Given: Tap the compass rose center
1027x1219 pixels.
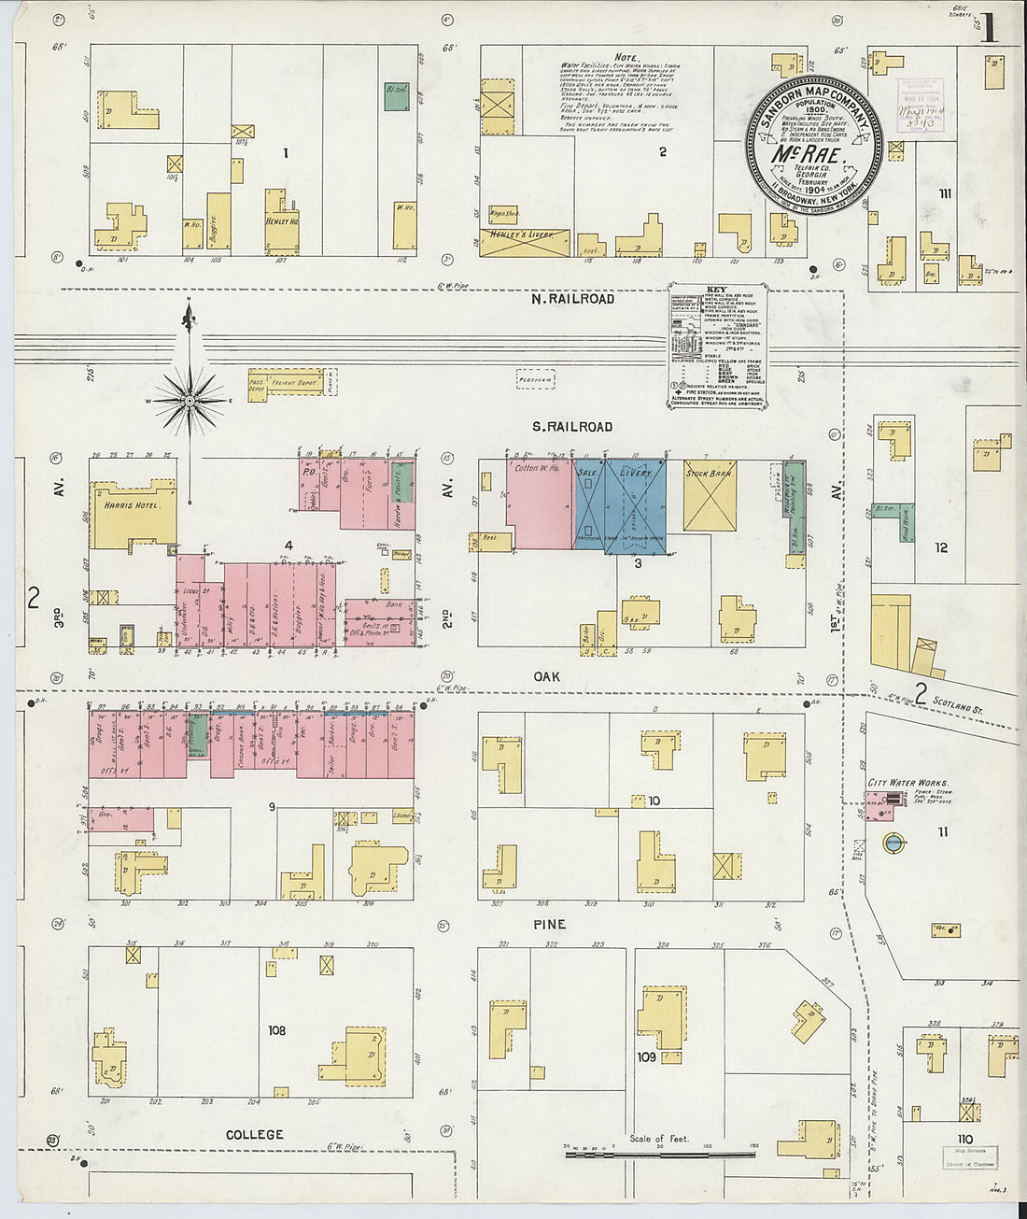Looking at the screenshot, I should pyautogui.click(x=190, y=401).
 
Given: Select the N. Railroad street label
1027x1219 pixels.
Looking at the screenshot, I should pyautogui.click(x=572, y=299).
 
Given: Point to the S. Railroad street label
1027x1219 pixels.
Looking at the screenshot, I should pyautogui.click(x=572, y=427).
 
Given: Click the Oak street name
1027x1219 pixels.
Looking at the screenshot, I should pyautogui.click(x=546, y=675).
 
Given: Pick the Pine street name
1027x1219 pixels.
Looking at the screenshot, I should pyautogui.click(x=549, y=924).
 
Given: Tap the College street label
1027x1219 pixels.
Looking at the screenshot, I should pyautogui.click(x=254, y=1134).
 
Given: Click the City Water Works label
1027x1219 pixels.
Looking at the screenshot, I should pyautogui.click(x=907, y=783).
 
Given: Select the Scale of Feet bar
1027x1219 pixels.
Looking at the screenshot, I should pyautogui.click(x=647, y=1155).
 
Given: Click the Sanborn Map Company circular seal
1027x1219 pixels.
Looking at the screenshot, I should pyautogui.click(x=814, y=146).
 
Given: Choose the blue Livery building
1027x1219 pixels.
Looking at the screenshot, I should pyautogui.click(x=635, y=504).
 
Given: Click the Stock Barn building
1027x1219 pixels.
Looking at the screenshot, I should pyautogui.click(x=710, y=495).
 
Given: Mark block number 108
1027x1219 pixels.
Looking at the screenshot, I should pyautogui.click(x=276, y=1031).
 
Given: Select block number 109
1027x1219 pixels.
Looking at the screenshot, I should pyautogui.click(x=646, y=1057).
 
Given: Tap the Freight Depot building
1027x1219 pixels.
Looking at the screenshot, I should pyautogui.click(x=295, y=383).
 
